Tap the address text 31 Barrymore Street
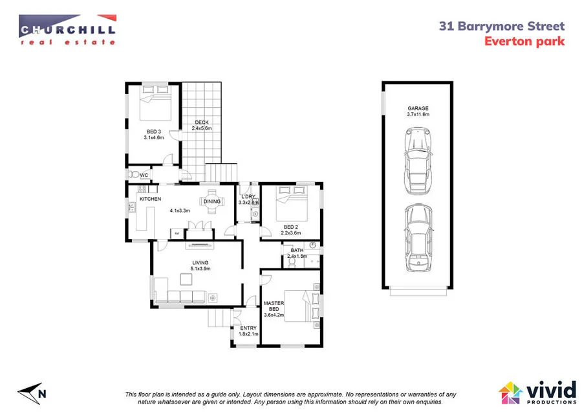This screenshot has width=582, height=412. click(501, 27)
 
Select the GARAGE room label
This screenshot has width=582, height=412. click(418, 108)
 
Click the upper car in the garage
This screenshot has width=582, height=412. click(417, 159)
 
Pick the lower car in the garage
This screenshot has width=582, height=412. click(417, 238)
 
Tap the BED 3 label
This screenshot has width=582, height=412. click(154, 132)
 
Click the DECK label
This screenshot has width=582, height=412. click(202, 123)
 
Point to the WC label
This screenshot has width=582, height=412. click(144, 174)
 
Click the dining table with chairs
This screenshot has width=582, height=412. click(211, 201)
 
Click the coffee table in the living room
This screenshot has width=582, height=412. click(188, 279)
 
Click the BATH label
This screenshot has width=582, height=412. click(297, 250)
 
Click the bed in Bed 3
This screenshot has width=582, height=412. click(156, 104)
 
